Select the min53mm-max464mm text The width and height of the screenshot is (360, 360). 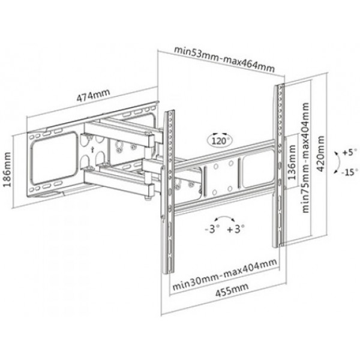tap(224, 59)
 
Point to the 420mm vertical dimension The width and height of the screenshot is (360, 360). tap(320, 154)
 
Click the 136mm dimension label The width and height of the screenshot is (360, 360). tap(292, 163)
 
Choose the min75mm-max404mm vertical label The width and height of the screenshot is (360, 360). tap(305, 157)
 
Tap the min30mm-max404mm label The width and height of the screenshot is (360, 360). tap(224, 274)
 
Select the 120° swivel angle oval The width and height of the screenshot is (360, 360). tap(220, 140)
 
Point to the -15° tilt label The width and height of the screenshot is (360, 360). tap(350, 172)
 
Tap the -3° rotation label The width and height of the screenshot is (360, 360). tap(212, 229)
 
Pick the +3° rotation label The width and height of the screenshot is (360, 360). tap(236, 229)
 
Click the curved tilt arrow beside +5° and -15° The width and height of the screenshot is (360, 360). tap(338, 162)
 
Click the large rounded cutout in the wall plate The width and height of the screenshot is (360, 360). tap(54, 157)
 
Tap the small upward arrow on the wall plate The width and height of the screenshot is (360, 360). tap(92, 149)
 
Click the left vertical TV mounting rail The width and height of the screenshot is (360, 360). tap(169, 192)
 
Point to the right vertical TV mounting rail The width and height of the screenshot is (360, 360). tap(278, 166)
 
